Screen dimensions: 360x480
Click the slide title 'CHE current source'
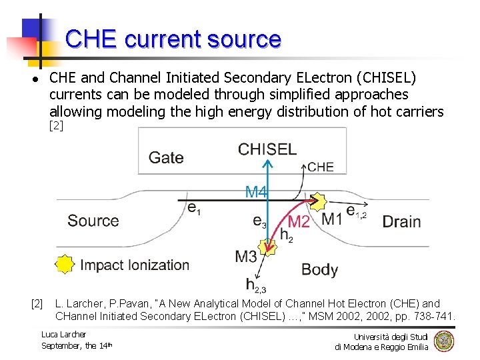(x=173, y=39)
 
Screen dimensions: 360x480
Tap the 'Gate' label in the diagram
(x=166, y=157)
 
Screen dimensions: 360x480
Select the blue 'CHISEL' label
(x=267, y=149)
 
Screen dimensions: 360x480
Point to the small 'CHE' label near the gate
(x=321, y=167)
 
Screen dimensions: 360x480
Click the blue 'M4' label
(x=256, y=193)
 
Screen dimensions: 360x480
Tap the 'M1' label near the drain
(x=332, y=219)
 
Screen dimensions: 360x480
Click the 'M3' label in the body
(x=246, y=256)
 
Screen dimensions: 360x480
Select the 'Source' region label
(x=93, y=221)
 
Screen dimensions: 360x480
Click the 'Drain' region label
(x=401, y=221)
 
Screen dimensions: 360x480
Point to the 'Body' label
(x=319, y=269)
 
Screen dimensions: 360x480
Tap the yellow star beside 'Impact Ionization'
(x=64, y=265)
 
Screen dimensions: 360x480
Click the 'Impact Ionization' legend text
(x=135, y=265)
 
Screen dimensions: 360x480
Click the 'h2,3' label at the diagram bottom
(x=257, y=285)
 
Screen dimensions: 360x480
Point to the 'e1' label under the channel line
(x=193, y=209)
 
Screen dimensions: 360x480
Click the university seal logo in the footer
(x=443, y=341)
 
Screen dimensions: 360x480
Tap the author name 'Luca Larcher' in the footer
(x=63, y=334)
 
